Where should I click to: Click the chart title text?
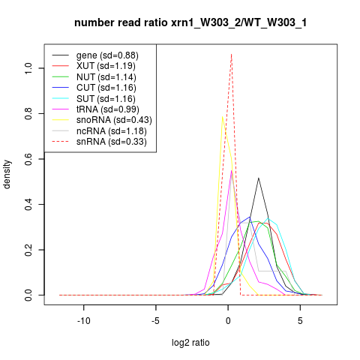190,22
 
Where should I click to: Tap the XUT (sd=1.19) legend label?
106,66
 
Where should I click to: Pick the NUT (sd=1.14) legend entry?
106,77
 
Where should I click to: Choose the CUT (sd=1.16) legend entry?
106,88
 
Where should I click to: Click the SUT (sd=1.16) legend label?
106,99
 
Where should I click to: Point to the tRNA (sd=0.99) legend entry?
108,109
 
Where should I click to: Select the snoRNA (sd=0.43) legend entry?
114,120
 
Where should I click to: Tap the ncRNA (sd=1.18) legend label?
112,131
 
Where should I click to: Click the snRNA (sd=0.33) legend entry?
112,142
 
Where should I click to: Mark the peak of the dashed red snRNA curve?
232,54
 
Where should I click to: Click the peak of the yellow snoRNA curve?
222,116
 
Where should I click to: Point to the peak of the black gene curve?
259,178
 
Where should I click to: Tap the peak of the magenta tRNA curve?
232,170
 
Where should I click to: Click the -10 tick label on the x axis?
84,321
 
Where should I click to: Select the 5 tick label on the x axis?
300,321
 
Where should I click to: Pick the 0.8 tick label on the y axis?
28,113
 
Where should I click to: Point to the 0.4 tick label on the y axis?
28,204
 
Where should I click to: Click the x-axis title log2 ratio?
190,343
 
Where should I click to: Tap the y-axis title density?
7,175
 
